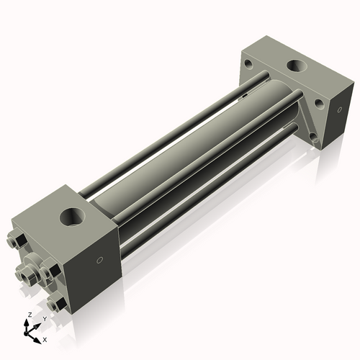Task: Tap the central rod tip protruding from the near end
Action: (x=30, y=271)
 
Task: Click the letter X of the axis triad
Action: (x=45, y=338)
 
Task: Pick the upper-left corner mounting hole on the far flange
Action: (x=248, y=64)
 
